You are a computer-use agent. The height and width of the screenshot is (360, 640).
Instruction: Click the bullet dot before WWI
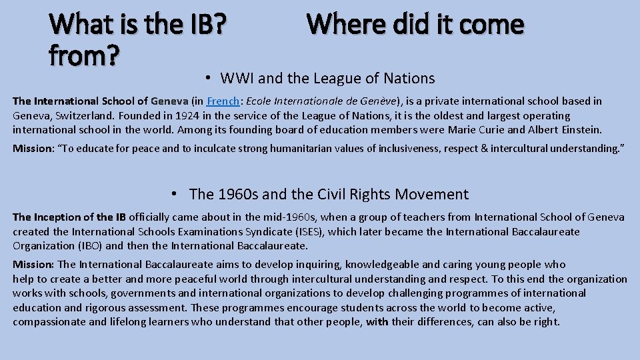209,78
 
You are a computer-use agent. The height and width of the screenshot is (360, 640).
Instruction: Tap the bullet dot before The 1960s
173,194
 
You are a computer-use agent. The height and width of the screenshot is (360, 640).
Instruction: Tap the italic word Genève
380,101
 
